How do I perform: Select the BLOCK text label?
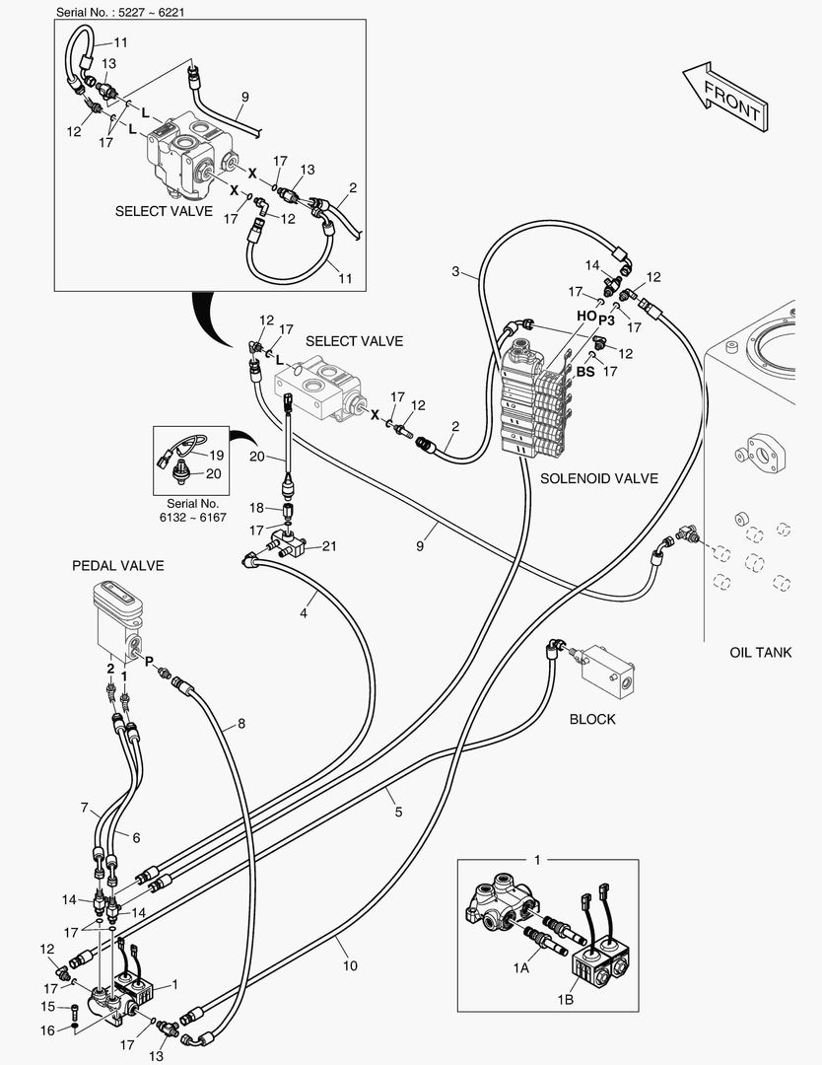coord(592,719)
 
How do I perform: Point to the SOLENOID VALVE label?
coord(599,478)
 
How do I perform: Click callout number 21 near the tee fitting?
coord(328,546)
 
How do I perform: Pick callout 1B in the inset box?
coord(566,1000)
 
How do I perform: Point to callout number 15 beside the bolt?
coord(47,1007)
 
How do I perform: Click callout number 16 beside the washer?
coord(47,1029)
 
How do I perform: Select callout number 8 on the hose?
coord(240,724)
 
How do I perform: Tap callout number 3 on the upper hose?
coord(455,271)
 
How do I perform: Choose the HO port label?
coord(586,316)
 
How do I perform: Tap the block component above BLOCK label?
coord(605,667)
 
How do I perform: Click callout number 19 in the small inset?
coord(216,455)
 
